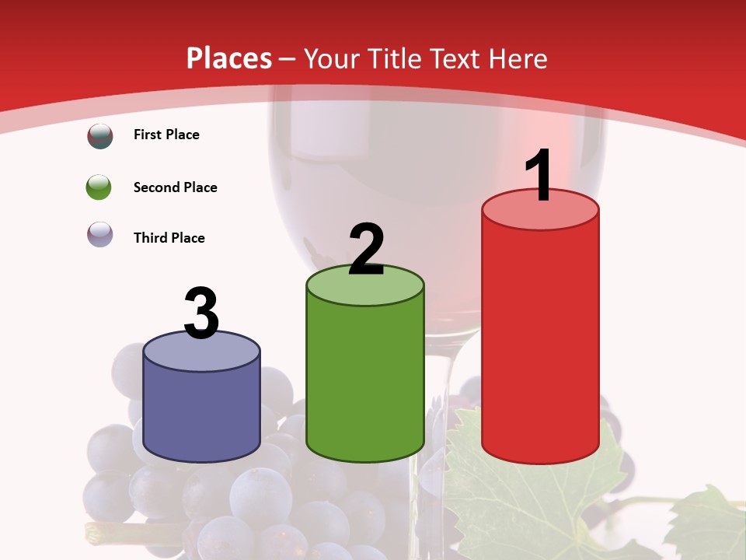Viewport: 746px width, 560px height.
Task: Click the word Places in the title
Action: pos(229,58)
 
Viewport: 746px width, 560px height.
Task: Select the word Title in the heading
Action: pos(390,58)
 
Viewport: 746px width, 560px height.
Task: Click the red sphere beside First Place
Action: pos(99,135)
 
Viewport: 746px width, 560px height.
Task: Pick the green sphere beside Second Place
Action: pos(99,187)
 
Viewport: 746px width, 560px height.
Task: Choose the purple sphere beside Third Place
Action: pos(99,234)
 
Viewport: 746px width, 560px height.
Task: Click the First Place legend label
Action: pos(166,135)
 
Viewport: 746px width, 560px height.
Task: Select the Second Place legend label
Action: pos(175,187)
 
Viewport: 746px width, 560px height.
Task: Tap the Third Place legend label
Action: pos(169,238)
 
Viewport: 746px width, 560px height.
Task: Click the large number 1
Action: pos(539,176)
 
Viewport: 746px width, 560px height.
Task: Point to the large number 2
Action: pos(366,250)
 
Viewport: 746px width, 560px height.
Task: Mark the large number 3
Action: pos(201,313)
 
